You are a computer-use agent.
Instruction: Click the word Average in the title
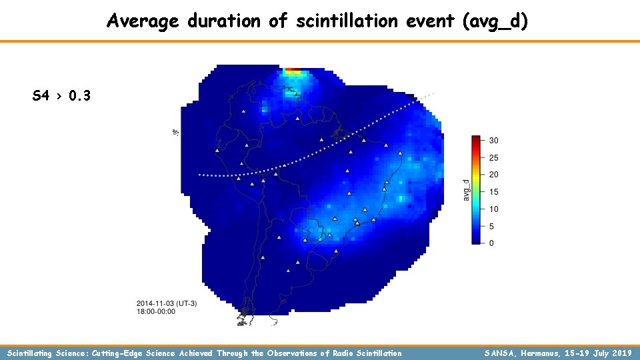click(x=142, y=21)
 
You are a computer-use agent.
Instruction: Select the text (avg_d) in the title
click(x=495, y=21)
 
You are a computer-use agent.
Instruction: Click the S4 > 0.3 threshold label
click(x=61, y=96)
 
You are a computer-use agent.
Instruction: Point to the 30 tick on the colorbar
click(x=493, y=141)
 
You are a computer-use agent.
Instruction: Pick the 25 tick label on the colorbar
click(x=493, y=158)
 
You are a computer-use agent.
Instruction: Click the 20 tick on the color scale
click(x=493, y=175)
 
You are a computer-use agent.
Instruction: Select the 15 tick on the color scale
click(x=493, y=192)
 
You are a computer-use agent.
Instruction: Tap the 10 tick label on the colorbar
click(x=493, y=209)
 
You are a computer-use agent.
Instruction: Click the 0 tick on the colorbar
click(x=491, y=243)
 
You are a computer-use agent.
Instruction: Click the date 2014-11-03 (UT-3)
click(x=167, y=304)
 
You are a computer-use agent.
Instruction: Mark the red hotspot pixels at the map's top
click(x=293, y=69)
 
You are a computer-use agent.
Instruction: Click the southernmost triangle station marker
click(x=288, y=271)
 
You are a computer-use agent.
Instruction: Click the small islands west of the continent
click(x=175, y=132)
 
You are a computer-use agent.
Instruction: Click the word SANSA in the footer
click(x=502, y=353)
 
